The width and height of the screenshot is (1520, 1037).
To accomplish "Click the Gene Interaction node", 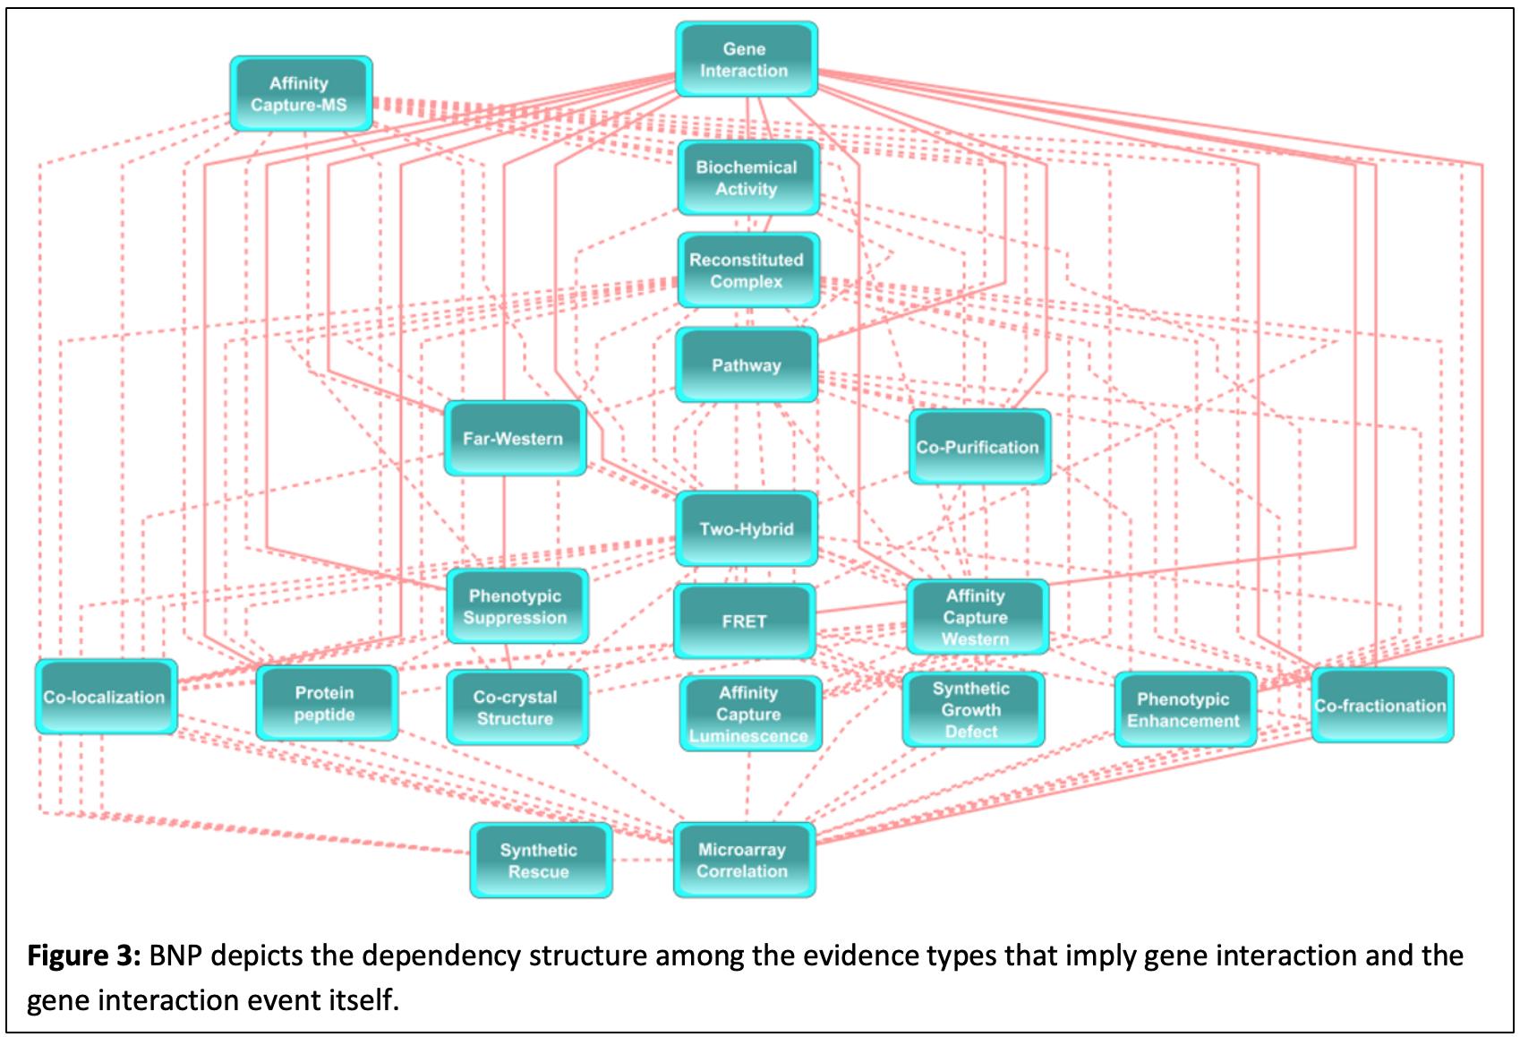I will click(746, 59).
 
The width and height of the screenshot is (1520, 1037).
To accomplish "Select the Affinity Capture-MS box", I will click(300, 94).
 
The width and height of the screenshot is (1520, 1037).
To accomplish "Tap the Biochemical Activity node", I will click(747, 177).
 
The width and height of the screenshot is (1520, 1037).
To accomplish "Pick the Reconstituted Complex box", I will click(747, 270).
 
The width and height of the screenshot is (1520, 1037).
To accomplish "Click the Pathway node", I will click(746, 364).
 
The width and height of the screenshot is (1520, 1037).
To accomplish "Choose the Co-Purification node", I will click(978, 447).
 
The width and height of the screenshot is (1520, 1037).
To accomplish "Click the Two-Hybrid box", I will click(746, 528).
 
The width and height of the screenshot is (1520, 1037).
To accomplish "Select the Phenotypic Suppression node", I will click(517, 606).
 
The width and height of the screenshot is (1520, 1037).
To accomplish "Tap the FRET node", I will click(744, 621).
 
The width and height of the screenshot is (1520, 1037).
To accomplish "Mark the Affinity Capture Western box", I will click(977, 617).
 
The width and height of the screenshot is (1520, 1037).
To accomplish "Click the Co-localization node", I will click(106, 697).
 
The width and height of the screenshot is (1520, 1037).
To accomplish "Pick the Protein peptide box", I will click(326, 703).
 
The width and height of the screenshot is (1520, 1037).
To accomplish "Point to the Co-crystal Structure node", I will click(517, 707).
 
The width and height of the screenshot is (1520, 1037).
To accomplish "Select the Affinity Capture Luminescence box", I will click(749, 714).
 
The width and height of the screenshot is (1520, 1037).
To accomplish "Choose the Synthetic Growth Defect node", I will click(972, 709).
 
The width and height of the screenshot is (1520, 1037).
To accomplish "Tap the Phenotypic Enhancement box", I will click(1184, 709).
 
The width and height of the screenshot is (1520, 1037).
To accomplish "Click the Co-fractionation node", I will click(1381, 705).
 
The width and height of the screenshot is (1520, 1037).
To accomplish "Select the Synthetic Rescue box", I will click(540, 861).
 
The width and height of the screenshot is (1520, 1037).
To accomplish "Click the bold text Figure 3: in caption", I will click(83, 956).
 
